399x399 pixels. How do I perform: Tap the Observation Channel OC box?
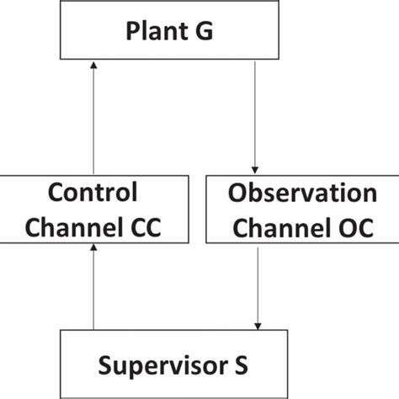[302, 210]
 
